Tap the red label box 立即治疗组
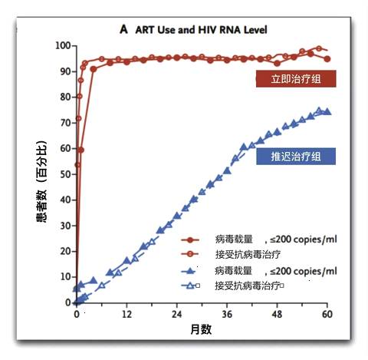[x=294, y=79]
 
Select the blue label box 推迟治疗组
[x=294, y=157]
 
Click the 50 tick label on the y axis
[x=65, y=174]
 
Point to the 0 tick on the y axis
[x=68, y=302]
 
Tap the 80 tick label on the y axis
[x=65, y=97]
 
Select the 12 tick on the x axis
[x=127, y=314]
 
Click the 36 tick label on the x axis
[x=227, y=314]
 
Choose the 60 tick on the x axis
[x=327, y=314]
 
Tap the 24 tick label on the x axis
[x=177, y=314]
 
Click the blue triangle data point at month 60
[x=327, y=112]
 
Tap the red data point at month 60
[x=327, y=58]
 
